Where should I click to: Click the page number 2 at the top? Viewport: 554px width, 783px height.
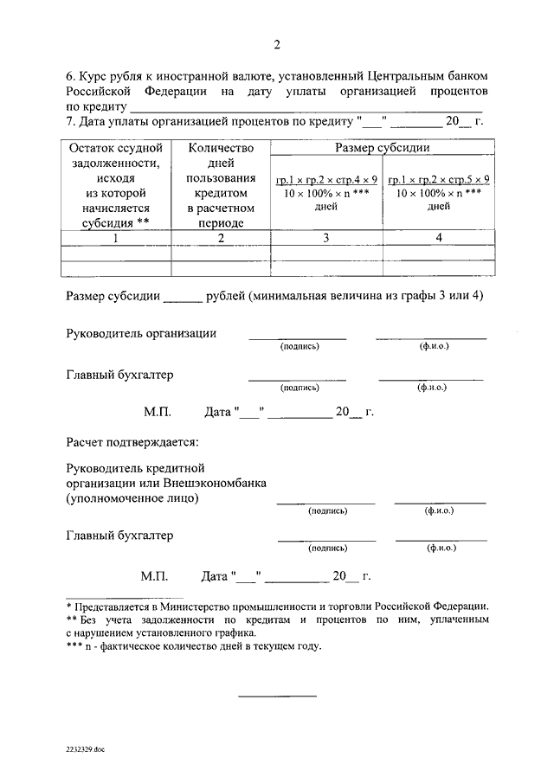point(277,46)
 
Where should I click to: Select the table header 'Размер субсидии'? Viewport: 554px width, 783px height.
point(383,148)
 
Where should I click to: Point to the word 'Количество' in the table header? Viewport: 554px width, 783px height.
point(221,148)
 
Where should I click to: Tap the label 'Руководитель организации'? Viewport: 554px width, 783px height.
point(141,333)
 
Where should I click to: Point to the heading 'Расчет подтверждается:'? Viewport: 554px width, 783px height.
point(132,442)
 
